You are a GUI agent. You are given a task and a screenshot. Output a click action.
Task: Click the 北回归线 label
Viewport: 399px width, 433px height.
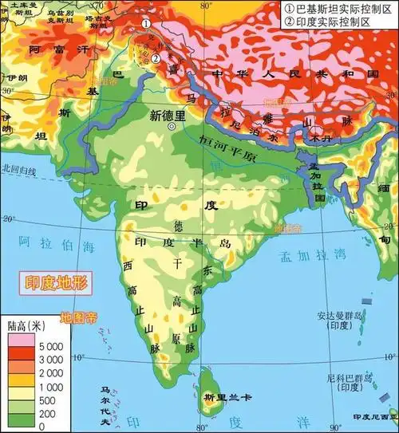[21, 168]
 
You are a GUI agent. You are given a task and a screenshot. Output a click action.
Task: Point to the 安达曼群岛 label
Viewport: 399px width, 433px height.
[340, 316]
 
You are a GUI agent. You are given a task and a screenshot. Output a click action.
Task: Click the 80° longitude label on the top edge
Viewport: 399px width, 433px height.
[207, 6]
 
